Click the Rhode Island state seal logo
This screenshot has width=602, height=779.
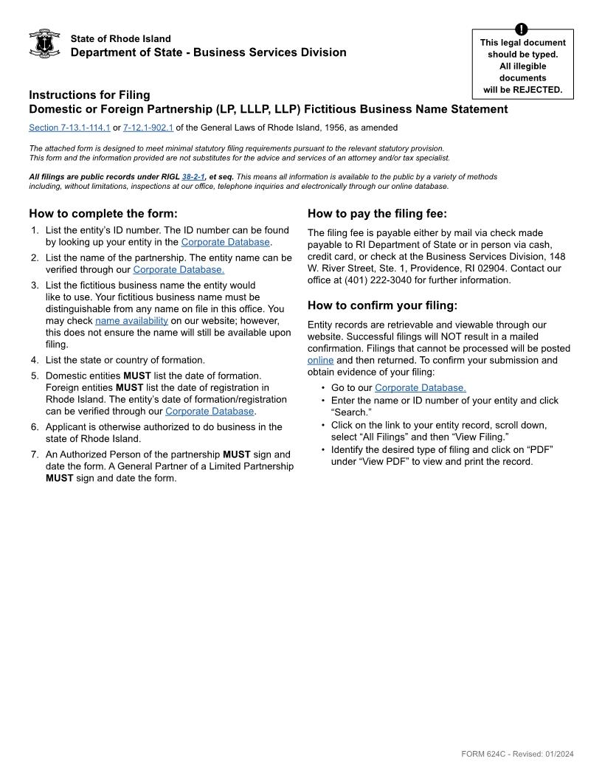point(44,44)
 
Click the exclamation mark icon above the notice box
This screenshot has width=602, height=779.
point(522,30)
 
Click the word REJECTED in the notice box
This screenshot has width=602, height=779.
point(538,90)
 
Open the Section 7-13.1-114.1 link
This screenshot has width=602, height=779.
point(69,128)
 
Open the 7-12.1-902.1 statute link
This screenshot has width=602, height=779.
point(148,128)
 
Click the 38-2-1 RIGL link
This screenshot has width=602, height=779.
point(193,177)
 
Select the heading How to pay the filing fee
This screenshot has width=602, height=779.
point(377,214)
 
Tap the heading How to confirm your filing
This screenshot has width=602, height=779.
point(382,305)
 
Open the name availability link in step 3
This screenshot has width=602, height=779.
point(131,321)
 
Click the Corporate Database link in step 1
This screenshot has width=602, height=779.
point(225,242)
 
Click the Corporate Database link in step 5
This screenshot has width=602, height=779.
point(210,411)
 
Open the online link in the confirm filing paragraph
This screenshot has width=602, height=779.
point(320,360)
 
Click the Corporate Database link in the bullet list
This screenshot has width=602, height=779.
point(420,387)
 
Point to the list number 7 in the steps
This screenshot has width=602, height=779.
point(34,454)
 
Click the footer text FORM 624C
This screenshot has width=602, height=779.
point(484,754)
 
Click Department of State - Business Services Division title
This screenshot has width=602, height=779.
point(208,52)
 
